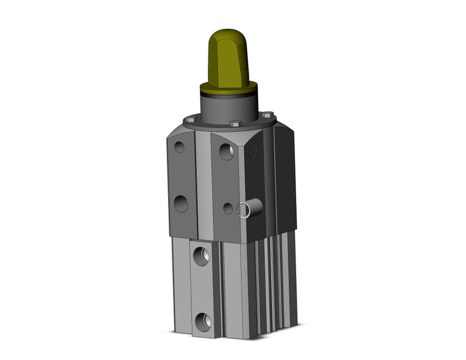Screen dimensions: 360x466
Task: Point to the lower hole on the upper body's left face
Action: tap(181, 203)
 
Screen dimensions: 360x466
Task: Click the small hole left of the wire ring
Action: tap(228, 209)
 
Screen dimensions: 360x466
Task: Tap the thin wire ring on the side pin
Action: tap(242, 209)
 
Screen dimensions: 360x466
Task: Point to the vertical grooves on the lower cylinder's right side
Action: tap(273, 282)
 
